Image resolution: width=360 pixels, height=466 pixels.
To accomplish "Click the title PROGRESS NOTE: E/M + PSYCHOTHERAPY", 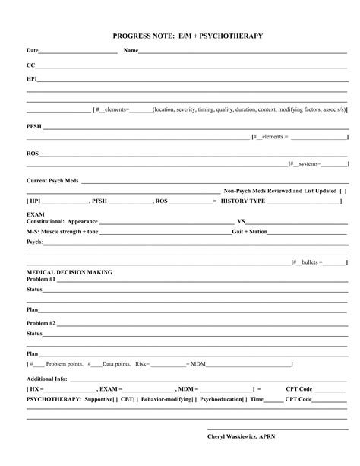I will click(179, 36).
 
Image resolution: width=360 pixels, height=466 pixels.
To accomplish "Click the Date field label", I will click(32, 51).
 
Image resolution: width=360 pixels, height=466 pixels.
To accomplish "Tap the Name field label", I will click(131, 51).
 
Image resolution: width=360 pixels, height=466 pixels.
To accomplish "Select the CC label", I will click(30, 66).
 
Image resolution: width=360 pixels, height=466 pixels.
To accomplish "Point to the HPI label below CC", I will click(32, 78).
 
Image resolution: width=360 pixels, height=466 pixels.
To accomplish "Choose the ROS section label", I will click(33, 153).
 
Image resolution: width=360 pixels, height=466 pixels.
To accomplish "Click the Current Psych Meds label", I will click(53, 181).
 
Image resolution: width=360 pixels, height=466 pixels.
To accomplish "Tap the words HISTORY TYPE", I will click(243, 201).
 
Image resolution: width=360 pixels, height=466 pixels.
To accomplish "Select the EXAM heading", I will click(35, 215).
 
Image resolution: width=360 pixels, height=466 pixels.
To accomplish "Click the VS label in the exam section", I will click(241, 222).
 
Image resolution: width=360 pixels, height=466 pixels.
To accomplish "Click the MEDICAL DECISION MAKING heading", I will click(69, 271).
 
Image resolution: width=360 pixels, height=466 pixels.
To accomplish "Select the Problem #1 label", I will click(41, 279).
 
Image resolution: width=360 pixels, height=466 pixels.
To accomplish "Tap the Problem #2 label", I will click(41, 323).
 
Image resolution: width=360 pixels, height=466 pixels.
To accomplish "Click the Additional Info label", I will click(47, 378).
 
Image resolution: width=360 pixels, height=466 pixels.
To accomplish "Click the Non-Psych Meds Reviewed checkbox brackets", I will click(343, 191).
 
